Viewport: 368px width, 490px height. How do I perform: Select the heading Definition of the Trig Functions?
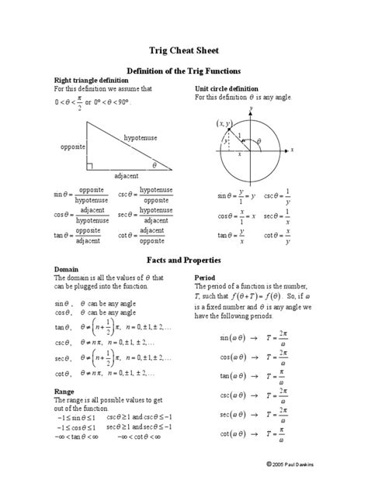coord(184,71)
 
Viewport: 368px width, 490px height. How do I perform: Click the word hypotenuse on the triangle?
coord(141,137)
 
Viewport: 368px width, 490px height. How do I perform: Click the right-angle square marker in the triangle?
coord(91,165)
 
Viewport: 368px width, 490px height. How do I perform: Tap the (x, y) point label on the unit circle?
coord(225,123)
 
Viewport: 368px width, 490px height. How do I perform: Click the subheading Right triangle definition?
coord(92,81)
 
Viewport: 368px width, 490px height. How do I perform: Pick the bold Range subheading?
coord(64,392)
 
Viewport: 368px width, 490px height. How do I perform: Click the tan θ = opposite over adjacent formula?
coord(79,236)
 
